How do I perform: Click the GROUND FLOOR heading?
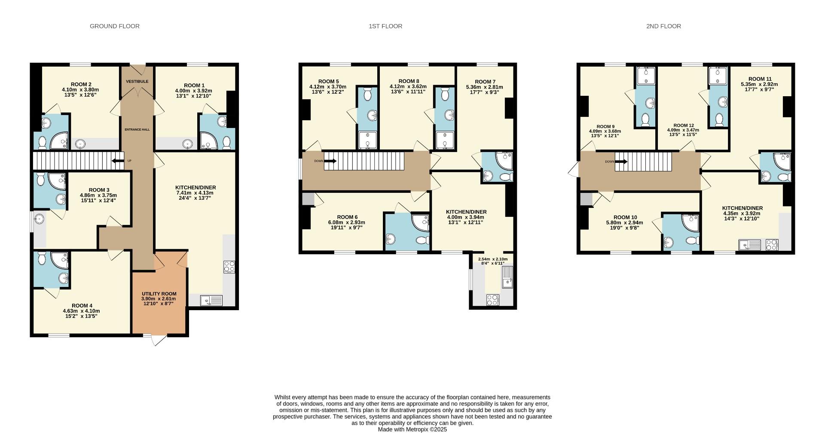click(114, 26)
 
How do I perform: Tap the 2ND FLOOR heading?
click(663, 26)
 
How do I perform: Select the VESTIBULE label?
click(137, 81)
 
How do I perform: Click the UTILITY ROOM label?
click(159, 294)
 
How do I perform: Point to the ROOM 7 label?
click(485, 82)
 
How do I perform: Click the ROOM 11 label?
click(759, 79)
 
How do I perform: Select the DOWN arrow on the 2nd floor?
click(621, 162)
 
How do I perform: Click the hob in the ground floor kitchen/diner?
click(229, 267)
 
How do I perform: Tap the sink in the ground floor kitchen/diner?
click(211, 300)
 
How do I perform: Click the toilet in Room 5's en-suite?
click(367, 94)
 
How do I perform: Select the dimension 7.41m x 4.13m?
click(195, 193)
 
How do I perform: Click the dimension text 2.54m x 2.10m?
click(492, 259)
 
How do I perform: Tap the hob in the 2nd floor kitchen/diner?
click(772, 245)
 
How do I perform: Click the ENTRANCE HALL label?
click(137, 129)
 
